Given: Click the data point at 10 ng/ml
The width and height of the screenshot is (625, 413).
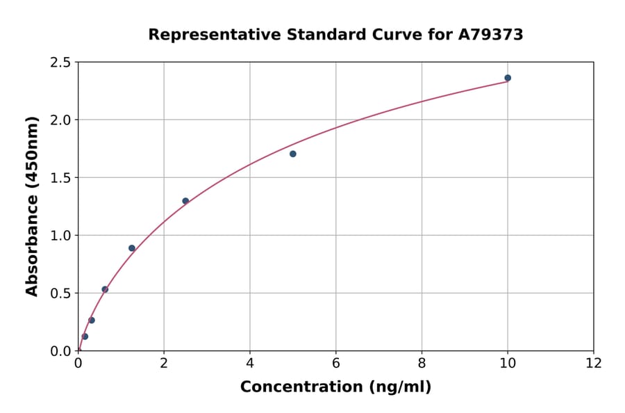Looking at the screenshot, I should point(508,78).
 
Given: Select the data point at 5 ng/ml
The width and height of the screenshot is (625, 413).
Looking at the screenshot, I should point(293,154).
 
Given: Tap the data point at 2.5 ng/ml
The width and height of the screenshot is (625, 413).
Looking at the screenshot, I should point(185,201).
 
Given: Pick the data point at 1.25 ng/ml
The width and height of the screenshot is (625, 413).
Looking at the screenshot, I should point(132,248).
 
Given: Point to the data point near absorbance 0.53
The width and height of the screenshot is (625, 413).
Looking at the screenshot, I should point(105,289).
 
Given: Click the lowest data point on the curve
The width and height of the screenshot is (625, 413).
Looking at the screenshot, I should point(85,337).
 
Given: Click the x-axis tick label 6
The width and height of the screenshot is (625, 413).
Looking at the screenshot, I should point(336,363).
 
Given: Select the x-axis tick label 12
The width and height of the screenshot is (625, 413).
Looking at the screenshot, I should point(594,363).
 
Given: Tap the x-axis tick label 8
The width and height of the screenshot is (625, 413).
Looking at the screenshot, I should point(422,363).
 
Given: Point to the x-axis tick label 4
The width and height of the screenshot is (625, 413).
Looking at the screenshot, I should point(250,363).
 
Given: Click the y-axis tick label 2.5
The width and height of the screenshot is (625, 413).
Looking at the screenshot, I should point(60,63).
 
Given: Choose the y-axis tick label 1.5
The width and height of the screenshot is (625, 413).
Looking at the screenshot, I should point(60,178).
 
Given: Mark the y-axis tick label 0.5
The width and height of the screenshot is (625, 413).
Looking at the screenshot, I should point(60,293).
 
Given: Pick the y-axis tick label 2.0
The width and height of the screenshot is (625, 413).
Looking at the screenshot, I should point(60,120).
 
